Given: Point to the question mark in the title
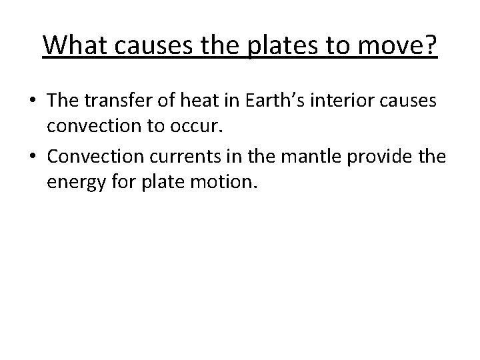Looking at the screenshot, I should tap(429, 45).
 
